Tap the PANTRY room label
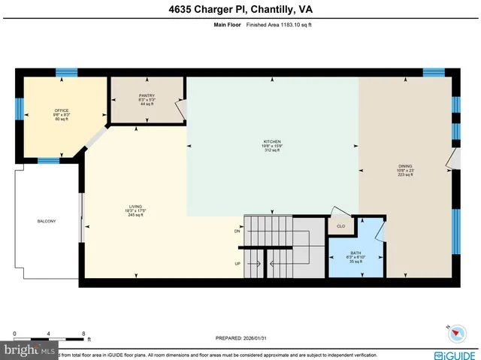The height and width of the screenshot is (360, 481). (147, 95)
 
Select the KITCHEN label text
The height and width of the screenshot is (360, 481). (271, 141)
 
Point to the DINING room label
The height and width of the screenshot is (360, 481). (405, 166)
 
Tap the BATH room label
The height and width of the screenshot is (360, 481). (355, 253)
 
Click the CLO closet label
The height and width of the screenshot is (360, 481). (340, 225)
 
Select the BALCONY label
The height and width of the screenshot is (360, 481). (47, 221)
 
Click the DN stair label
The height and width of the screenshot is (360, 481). (237, 231)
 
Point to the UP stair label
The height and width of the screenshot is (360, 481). (237, 264)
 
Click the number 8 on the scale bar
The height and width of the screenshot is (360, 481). (84, 332)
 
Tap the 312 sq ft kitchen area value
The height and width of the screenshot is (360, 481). (271, 150)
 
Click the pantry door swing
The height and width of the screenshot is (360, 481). (178, 110)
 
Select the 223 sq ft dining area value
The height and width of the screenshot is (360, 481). (405, 175)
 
